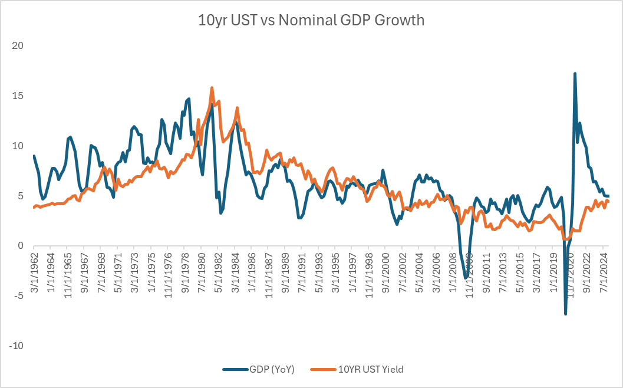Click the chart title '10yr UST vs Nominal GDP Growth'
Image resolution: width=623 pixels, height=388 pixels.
pos(311,20)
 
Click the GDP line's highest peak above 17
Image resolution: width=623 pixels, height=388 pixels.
pos(575,74)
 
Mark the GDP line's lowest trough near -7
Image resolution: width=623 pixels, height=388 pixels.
pos(565,314)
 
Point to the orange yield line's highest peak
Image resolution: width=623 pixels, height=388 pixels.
pos(212,88)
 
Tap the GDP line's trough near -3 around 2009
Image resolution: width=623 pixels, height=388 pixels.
pos(465,278)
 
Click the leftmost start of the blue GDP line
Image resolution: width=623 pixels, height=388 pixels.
pos(34,156)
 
